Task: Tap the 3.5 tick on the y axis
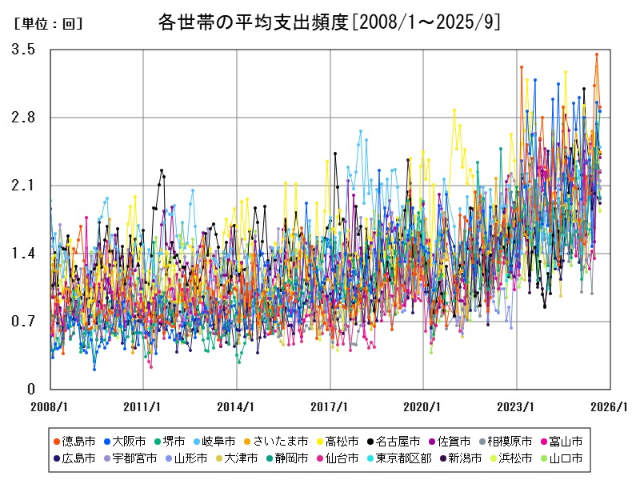pyautogui.click(x=23, y=50)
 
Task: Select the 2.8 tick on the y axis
pyautogui.click(x=23, y=118)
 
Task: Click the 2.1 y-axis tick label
pyautogui.click(x=23, y=186)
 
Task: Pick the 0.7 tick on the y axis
pyautogui.click(x=23, y=322)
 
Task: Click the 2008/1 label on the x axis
pyautogui.click(x=50, y=406)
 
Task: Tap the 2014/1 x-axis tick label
pyautogui.click(x=237, y=406)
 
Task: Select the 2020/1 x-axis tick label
pyautogui.click(x=423, y=406)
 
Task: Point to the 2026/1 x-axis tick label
pyautogui.click(x=610, y=406)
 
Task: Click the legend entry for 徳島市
pyautogui.click(x=79, y=441)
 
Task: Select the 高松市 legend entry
pyautogui.click(x=342, y=441)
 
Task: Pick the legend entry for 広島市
pyautogui.click(x=79, y=458)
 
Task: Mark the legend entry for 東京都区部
pyautogui.click(x=409, y=458)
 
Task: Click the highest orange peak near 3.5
pyautogui.click(x=596, y=54)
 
